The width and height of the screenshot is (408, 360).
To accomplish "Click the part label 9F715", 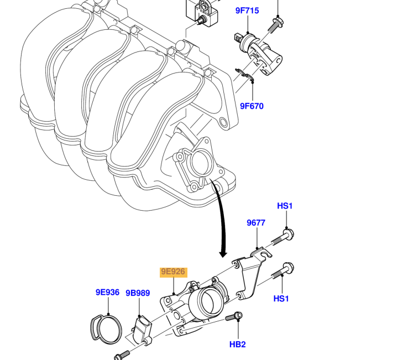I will [247, 11].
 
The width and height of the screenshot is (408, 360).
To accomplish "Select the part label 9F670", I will [252, 106].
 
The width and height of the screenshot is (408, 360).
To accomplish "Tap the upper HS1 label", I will [285, 206].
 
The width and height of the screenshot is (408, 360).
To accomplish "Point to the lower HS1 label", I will [281, 299].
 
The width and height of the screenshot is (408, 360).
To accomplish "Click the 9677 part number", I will [256, 223].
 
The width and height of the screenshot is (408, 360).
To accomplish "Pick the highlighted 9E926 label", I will [173, 272].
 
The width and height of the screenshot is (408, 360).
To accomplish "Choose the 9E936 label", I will [107, 292].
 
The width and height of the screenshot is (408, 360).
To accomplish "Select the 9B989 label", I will [138, 293].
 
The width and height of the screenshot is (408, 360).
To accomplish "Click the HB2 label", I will [237, 345].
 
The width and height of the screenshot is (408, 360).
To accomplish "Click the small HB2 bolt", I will [234, 317].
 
